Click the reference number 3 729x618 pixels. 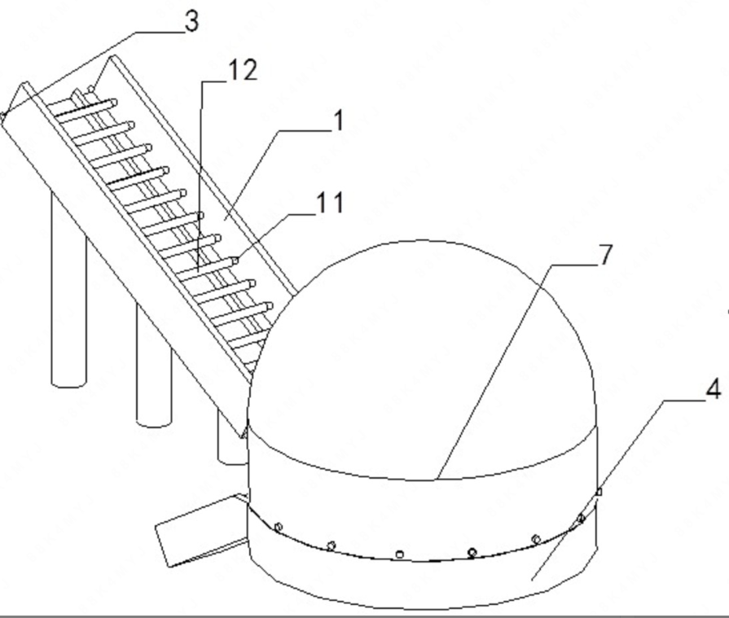point(191,21)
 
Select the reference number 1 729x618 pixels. point(340,121)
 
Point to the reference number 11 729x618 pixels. point(331,203)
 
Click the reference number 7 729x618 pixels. point(604,255)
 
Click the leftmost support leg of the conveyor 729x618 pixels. point(68,289)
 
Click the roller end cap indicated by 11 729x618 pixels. point(235,261)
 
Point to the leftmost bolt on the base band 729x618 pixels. point(279,527)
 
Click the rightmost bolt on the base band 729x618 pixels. point(581,518)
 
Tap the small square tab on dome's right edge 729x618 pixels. point(599,492)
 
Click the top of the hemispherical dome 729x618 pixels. point(421,241)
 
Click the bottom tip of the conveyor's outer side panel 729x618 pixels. point(242,437)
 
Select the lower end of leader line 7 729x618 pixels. point(437,479)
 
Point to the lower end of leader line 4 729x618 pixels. point(533,580)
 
